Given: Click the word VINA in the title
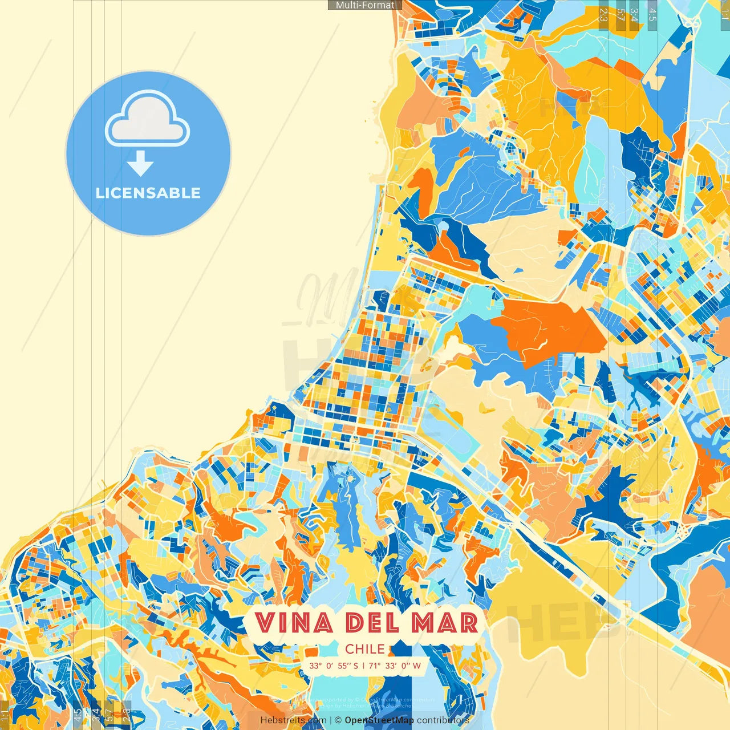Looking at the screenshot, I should [x=294, y=623].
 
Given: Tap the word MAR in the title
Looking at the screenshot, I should [x=445, y=623].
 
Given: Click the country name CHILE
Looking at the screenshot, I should [x=365, y=648].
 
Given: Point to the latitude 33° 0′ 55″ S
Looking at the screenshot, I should [x=334, y=666].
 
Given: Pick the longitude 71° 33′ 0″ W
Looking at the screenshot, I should [x=395, y=666].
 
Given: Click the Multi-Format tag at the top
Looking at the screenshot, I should [x=365, y=5].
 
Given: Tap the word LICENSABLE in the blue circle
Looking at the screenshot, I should [x=148, y=193].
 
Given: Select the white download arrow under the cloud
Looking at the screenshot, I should [x=140, y=164].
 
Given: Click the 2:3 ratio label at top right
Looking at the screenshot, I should [x=603, y=15].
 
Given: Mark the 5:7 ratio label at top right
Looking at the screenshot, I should [x=620, y=15].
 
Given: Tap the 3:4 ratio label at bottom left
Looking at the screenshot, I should [x=95, y=714].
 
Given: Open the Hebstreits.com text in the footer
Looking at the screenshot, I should [x=293, y=720].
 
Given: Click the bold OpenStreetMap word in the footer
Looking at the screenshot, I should [x=379, y=720].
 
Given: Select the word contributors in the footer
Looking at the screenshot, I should [x=443, y=720].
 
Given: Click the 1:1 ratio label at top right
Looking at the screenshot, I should [x=724, y=15].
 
